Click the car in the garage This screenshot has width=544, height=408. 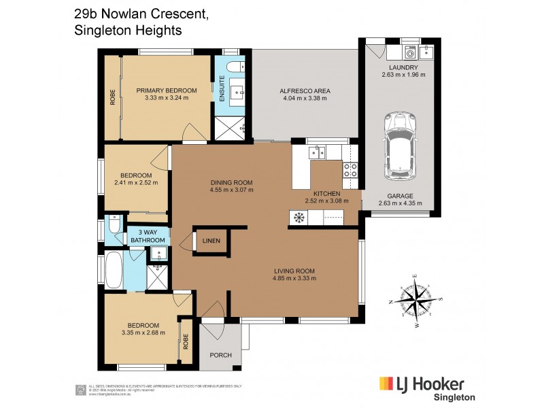tap(400, 146)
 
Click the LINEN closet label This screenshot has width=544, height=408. tap(210, 240)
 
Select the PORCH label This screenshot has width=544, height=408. tap(220, 354)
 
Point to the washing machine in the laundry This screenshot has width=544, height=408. tap(411, 52)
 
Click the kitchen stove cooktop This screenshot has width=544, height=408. tap(350, 170)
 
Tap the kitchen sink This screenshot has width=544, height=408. tap(317, 152)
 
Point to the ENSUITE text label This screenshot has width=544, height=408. tap(221, 92)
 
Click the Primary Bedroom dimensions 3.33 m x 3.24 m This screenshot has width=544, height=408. tap(166, 98)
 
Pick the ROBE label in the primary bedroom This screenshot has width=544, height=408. tap(112, 97)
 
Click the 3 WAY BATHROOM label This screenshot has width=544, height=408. tap(147, 236)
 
